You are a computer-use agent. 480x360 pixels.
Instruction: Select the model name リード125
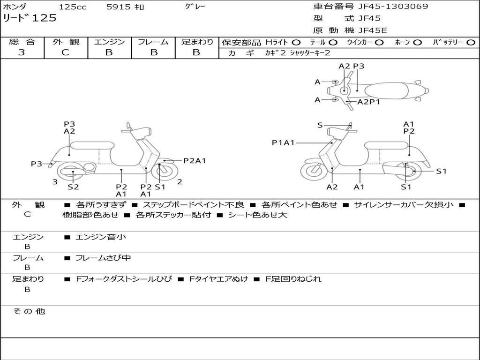click(30, 18)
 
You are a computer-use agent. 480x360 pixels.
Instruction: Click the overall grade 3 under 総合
click(22, 52)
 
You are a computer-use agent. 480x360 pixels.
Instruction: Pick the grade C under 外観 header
click(65, 52)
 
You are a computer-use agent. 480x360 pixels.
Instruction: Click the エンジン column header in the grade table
click(109, 42)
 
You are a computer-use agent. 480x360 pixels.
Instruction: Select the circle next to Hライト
click(296, 42)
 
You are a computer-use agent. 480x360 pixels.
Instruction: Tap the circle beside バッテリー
click(471, 42)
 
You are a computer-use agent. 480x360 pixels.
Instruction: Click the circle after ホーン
click(417, 42)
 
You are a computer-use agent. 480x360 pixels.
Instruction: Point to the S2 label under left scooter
click(73, 187)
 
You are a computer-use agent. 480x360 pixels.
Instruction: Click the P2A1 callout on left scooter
click(195, 161)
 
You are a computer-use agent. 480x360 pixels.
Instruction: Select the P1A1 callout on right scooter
click(283, 142)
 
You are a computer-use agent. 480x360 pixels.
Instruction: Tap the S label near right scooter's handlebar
click(320, 125)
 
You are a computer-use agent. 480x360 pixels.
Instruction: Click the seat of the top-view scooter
click(387, 90)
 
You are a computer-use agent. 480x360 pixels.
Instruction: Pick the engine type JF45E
click(373, 30)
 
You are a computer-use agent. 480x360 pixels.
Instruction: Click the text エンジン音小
click(101, 237)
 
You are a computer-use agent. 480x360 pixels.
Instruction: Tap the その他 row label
click(29, 311)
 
